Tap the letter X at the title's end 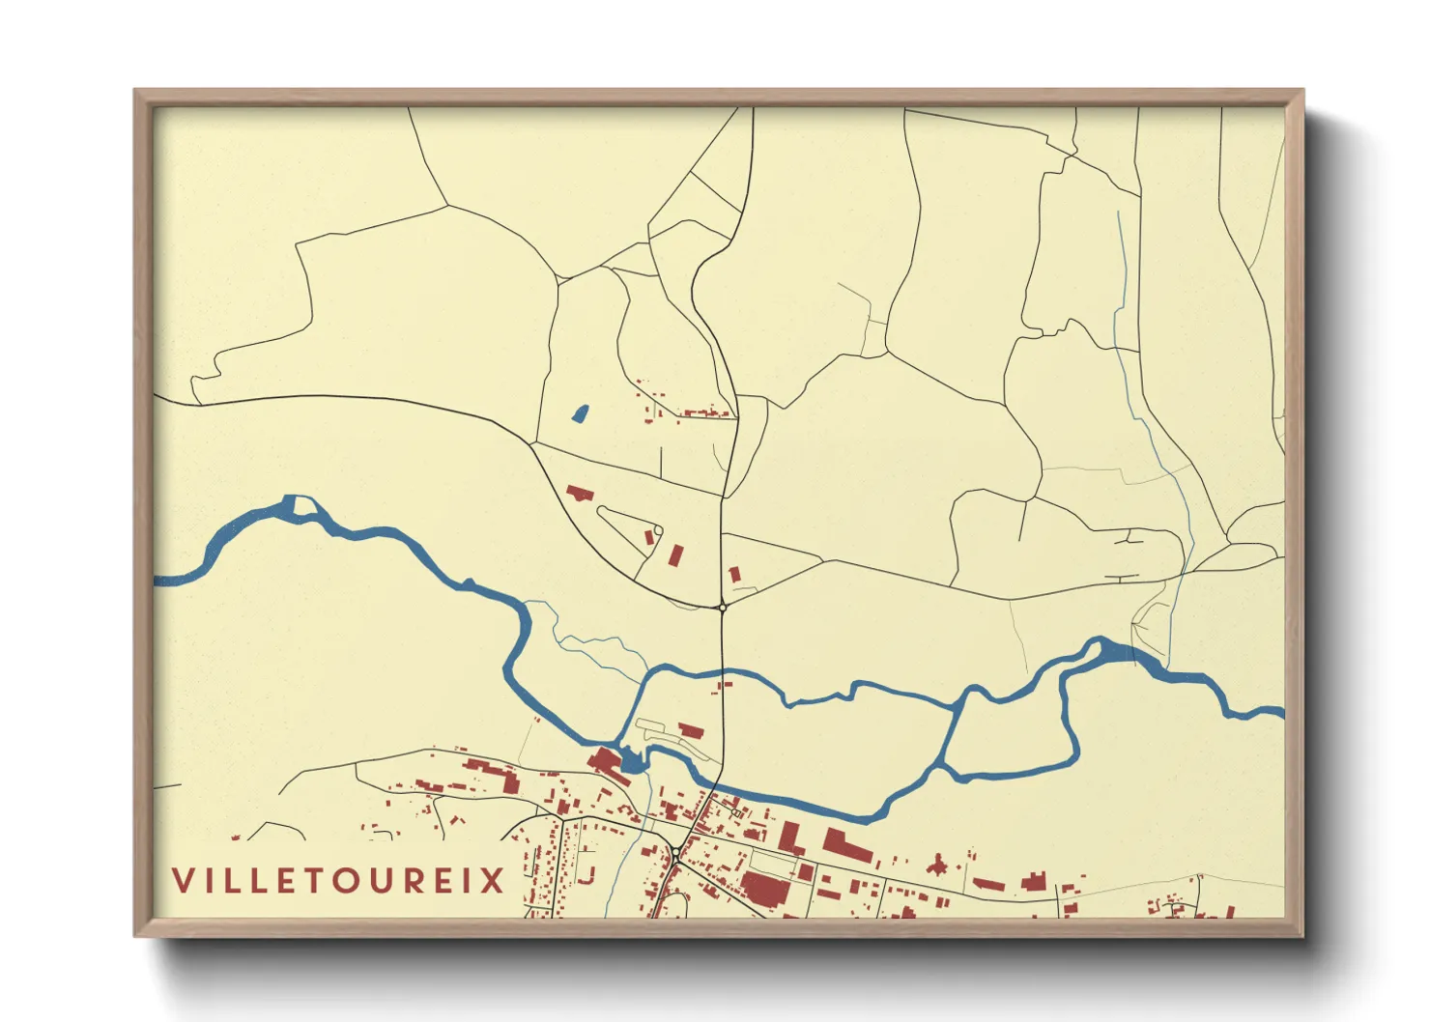pyautogui.click(x=494, y=881)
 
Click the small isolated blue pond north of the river pyautogui.click(x=579, y=413)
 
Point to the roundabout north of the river pyautogui.click(x=722, y=607)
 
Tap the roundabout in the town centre pyautogui.click(x=676, y=850)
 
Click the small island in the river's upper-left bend pyautogui.click(x=303, y=506)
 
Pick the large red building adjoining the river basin pyautogui.click(x=607, y=763)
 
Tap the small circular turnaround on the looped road pyautogui.click(x=658, y=529)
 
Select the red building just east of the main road pyautogui.click(x=734, y=574)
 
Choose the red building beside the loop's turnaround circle pyautogui.click(x=649, y=536)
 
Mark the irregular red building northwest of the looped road pyautogui.click(x=579, y=494)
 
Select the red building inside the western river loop pyautogui.click(x=690, y=730)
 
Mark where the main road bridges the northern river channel pyautogui.click(x=723, y=669)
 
